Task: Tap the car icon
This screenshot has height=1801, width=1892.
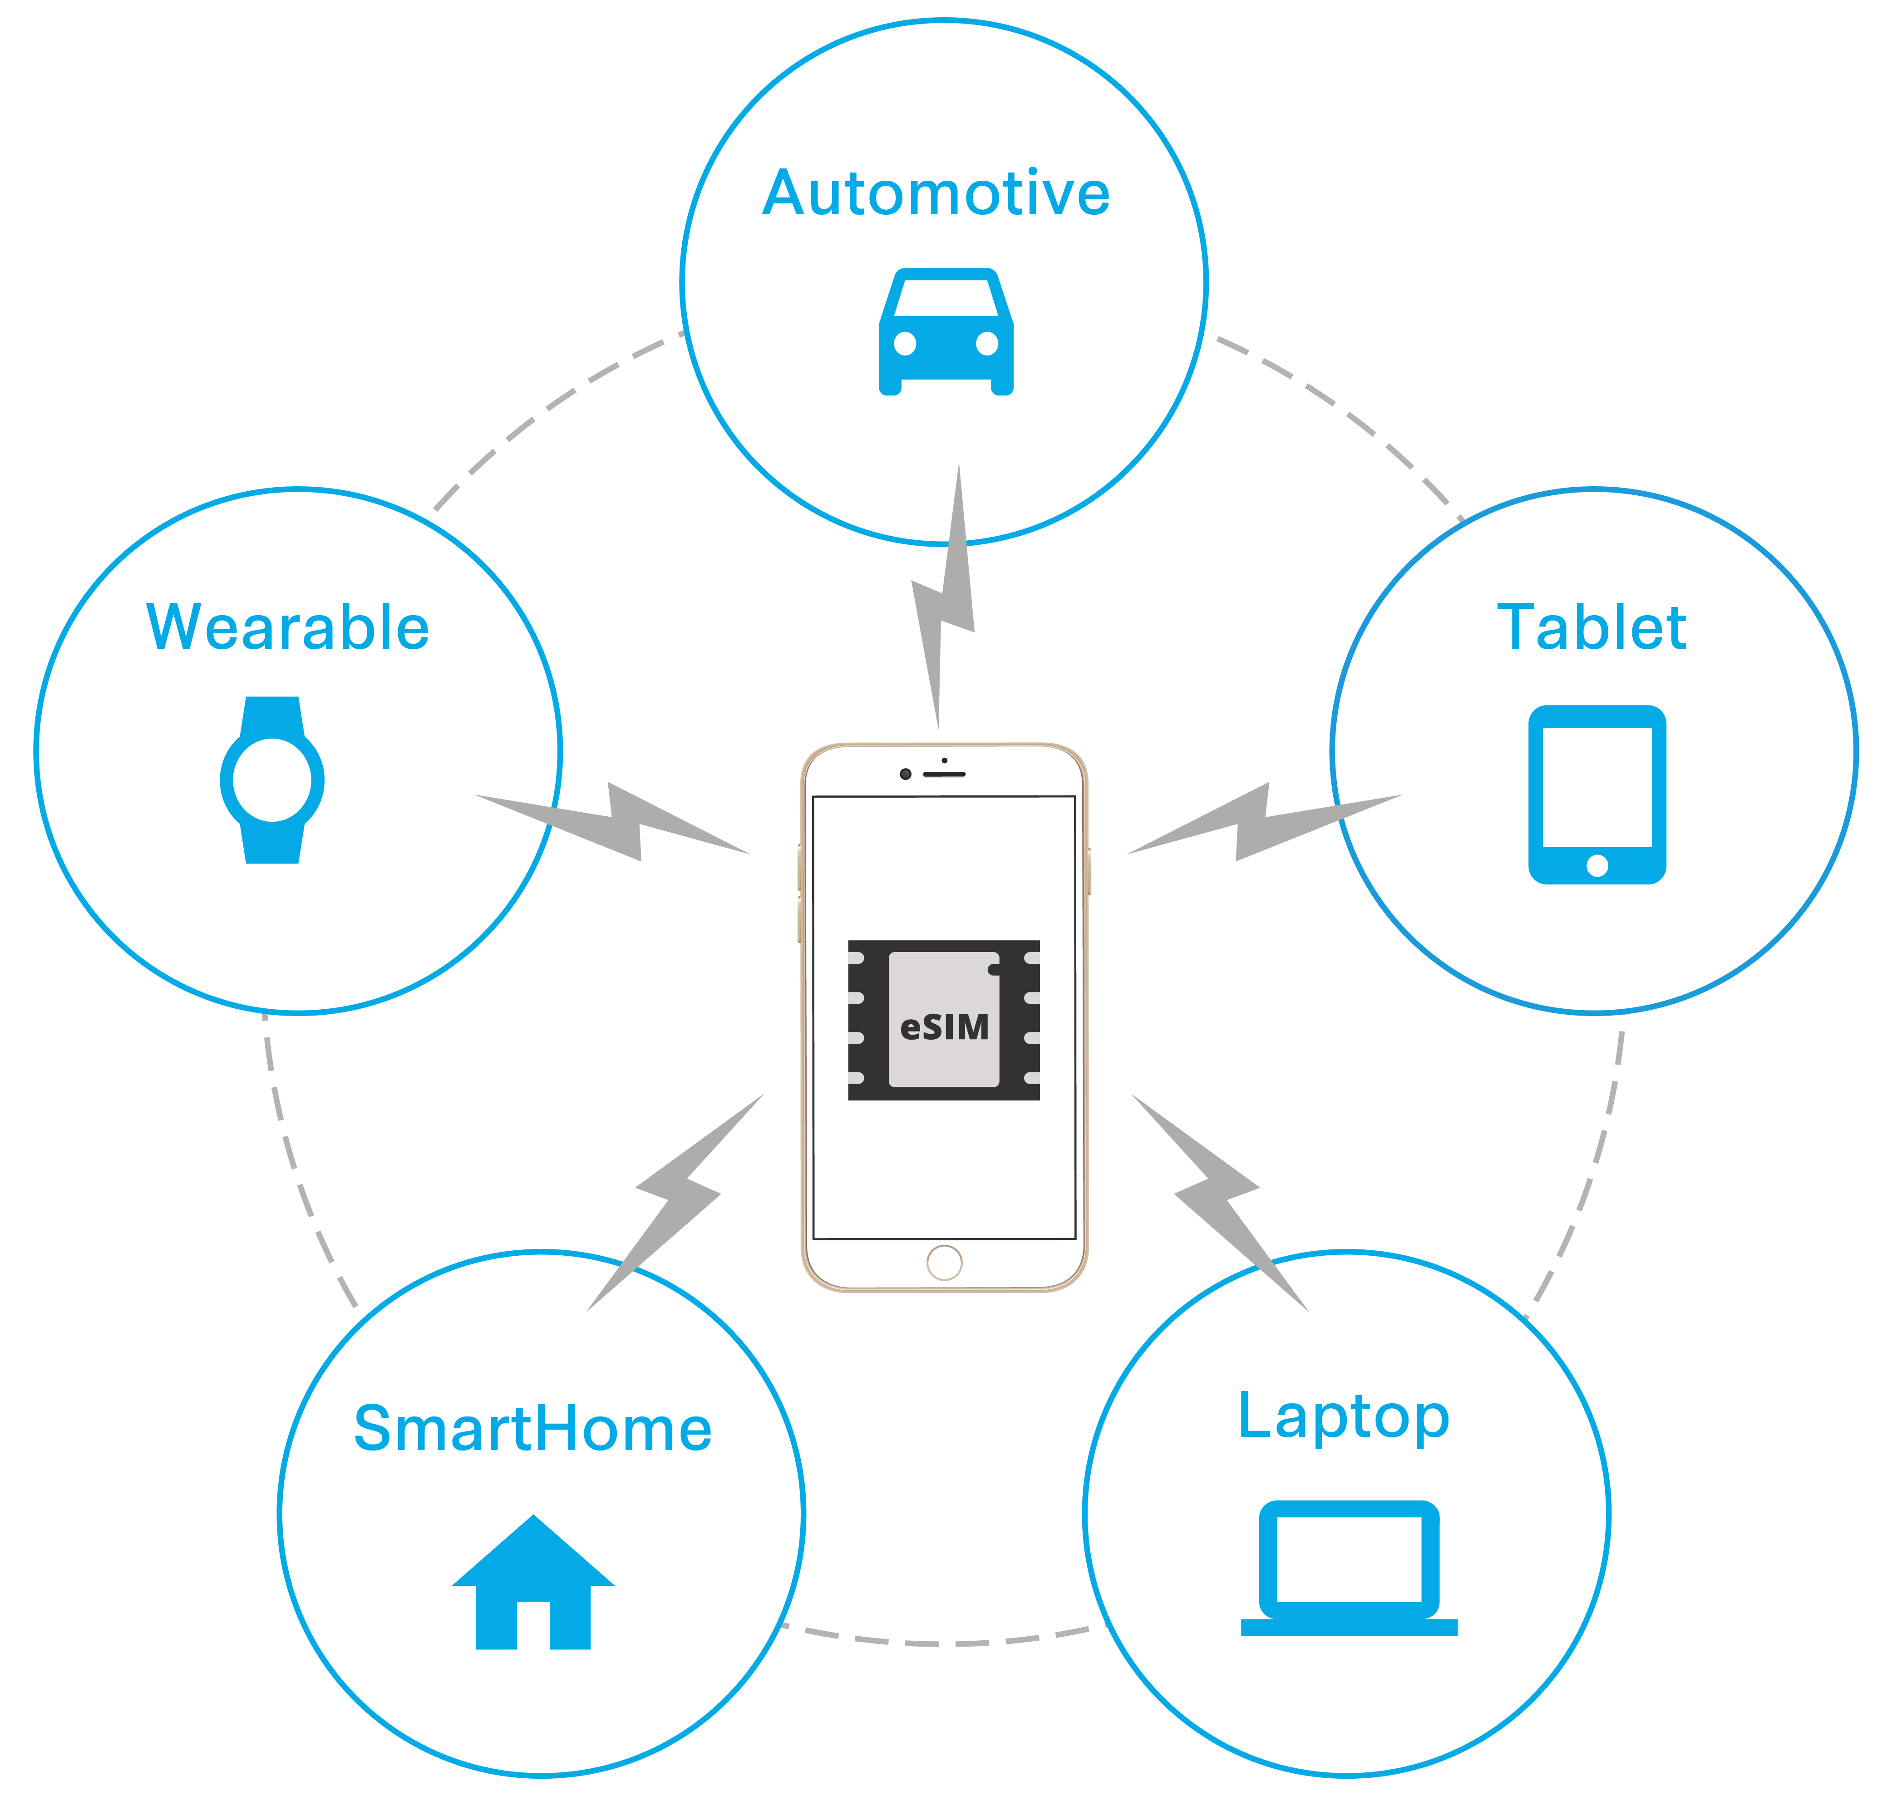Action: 946,331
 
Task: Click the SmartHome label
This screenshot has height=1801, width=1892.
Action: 533,1429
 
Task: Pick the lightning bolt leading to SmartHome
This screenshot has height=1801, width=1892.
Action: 677,1200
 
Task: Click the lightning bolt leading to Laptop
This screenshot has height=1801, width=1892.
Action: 1219,1200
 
